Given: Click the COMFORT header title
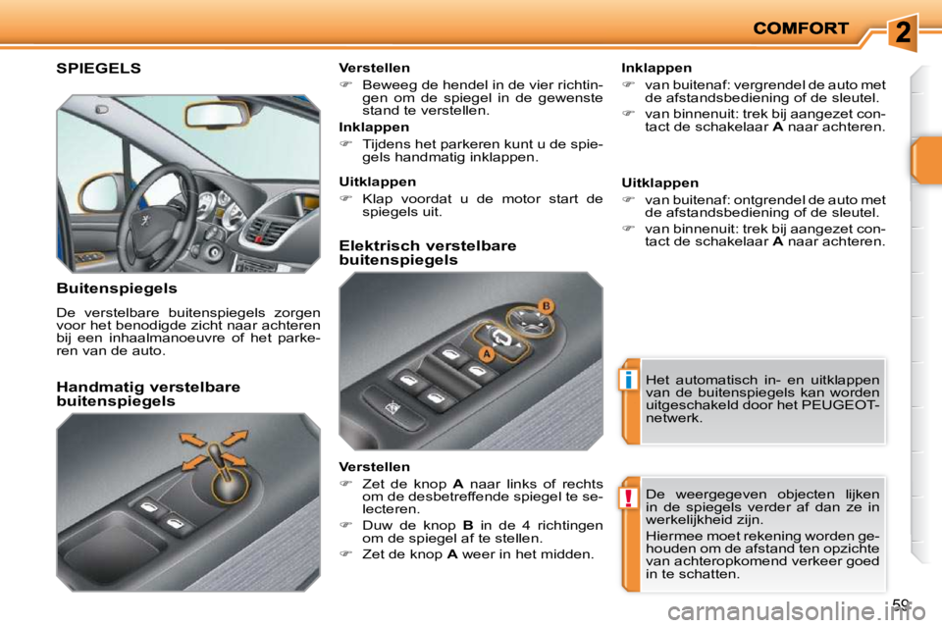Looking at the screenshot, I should pos(801,28).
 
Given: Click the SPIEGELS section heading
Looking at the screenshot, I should pos(98,68).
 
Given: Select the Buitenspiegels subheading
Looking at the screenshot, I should pos(117,288).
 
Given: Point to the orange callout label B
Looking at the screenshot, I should pos(546,306).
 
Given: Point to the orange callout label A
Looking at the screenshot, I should pos(485,352).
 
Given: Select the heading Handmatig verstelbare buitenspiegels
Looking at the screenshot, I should pos(148,393).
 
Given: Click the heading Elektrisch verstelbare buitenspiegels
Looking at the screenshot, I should pos(427,252).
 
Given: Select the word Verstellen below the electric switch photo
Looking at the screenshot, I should pos(374,467).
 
